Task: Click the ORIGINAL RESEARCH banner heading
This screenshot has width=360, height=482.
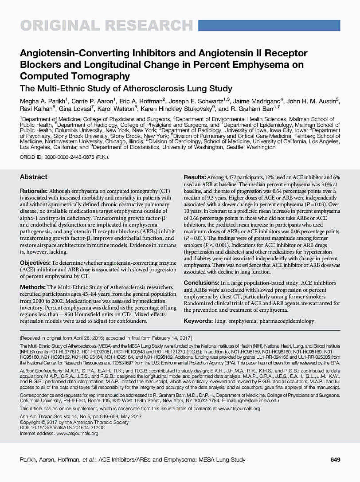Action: click(x=106, y=25)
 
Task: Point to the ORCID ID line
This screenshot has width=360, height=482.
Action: click(x=65, y=157)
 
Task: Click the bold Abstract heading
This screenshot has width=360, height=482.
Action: click(x=34, y=177)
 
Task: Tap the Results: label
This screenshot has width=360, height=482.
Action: click(x=194, y=177)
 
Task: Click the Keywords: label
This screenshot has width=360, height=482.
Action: click(x=198, y=321)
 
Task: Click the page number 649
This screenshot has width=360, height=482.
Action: click(x=336, y=460)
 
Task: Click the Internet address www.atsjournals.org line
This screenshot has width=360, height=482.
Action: click(x=59, y=433)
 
